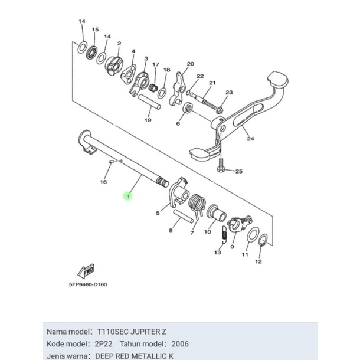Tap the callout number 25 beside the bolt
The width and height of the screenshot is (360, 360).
tap(238, 172)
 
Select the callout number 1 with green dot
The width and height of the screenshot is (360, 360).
tap(125, 195)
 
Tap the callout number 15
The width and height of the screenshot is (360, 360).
tap(95, 30)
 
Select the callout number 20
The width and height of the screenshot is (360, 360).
tap(190, 64)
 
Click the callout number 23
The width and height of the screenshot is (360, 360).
tap(229, 93)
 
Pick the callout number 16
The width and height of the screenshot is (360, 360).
tap(103, 182)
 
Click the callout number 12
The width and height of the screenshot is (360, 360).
tap(257, 261)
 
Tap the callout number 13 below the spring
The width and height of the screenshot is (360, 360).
tap(218, 253)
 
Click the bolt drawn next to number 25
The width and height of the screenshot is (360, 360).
tap(222, 165)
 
